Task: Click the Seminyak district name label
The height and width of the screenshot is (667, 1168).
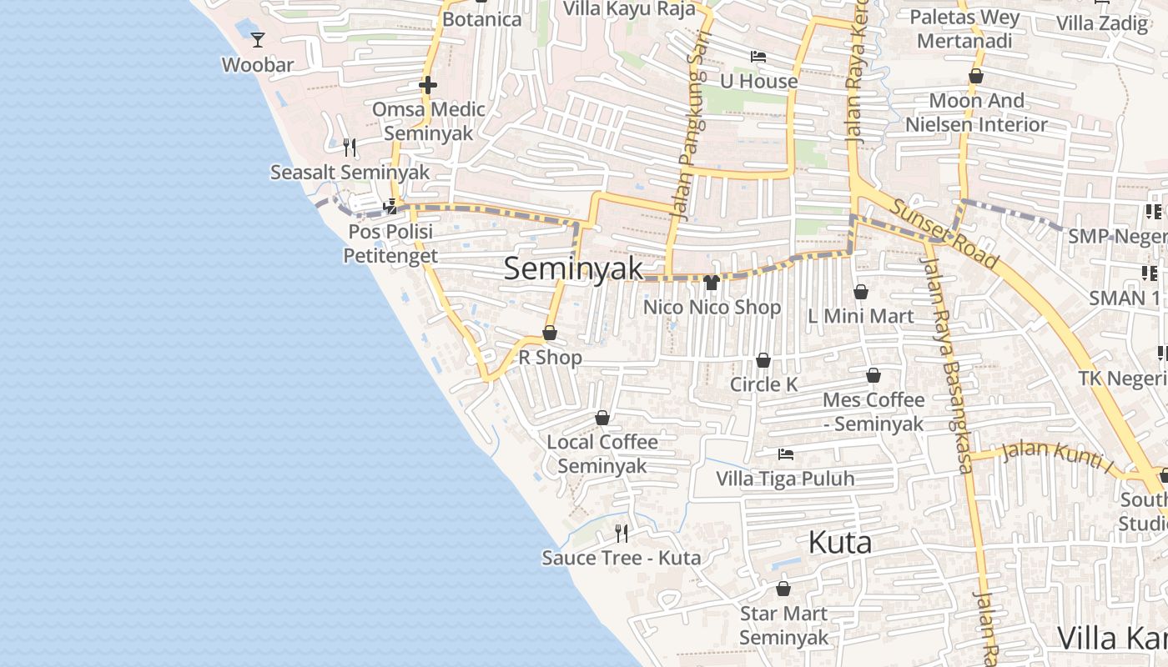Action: point(574,268)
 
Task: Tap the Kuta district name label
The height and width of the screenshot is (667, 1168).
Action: point(840,543)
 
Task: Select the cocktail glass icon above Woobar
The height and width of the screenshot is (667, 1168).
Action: point(258,39)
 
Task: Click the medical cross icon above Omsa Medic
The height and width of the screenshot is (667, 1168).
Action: point(428,85)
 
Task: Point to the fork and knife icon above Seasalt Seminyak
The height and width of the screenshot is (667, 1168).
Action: point(350,148)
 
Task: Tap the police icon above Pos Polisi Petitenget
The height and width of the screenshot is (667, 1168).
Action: point(390,207)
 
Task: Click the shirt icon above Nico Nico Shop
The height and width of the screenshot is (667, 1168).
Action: point(712,283)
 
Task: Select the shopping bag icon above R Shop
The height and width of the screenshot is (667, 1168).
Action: point(550,333)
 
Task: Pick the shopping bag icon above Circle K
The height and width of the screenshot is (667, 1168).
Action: point(763,360)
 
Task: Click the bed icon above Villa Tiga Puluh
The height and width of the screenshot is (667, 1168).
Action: point(785,454)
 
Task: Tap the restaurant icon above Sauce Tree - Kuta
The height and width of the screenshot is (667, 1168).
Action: point(622,533)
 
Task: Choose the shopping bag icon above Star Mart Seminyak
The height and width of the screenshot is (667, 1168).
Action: point(783,589)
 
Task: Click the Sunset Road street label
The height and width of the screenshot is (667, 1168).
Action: point(944,234)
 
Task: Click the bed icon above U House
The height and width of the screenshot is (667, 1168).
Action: point(758,57)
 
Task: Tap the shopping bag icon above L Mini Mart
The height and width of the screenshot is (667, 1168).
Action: point(861,292)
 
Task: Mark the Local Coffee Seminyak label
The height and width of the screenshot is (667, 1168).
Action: point(602,454)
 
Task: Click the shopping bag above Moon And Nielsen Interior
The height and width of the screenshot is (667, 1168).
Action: point(976,77)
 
